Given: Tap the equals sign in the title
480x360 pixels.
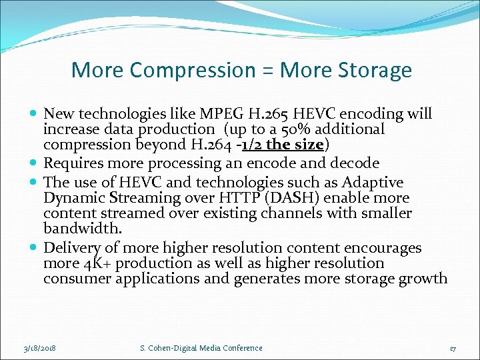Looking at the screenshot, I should tap(267, 70).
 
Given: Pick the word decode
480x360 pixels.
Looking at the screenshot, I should tap(355, 163).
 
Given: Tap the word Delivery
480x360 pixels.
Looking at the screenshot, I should tap(71, 248).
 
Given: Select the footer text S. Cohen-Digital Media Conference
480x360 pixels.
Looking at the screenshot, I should tap(201, 348).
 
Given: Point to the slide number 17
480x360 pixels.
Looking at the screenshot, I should tap(453, 348).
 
